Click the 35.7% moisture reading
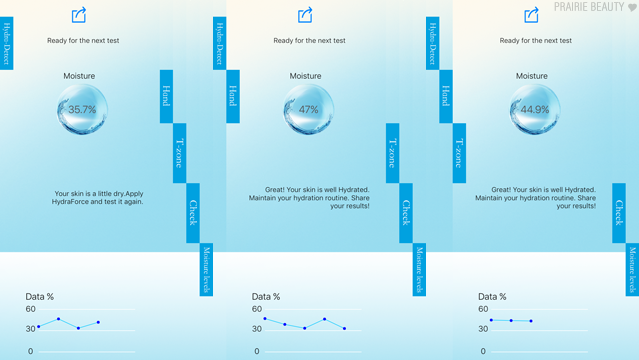coord(82,109)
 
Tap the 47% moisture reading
coord(308,109)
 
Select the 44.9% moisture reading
coord(535,109)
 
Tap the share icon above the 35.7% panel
coord(79,15)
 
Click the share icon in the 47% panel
coord(305,15)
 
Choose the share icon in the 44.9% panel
coord(531,15)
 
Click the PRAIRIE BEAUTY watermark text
coord(589,7)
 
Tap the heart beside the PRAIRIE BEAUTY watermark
coord(632,8)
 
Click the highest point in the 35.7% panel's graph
coord(59,319)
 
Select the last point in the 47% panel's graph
coord(345,328)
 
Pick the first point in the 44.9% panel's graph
coord(491,320)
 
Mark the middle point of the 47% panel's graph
coord(305,328)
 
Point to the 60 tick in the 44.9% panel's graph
coord(483,309)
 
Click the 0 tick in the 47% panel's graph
coord(257,351)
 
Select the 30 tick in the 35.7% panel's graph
coord(31,329)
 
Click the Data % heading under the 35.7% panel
coord(40,296)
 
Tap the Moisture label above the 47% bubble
coord(305,76)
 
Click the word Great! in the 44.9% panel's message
coord(501,190)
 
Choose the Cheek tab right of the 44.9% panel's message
coord(619,213)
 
